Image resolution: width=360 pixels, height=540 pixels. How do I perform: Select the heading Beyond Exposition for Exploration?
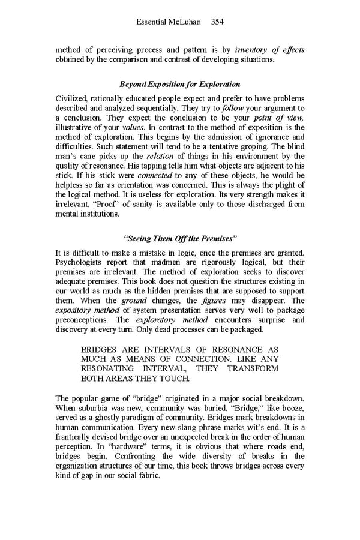coord(179,84)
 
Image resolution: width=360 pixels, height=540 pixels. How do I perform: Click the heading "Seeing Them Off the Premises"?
coord(179,238)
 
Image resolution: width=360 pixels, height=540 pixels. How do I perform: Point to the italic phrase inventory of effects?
coord(269,49)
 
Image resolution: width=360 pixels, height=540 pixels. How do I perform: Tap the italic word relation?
coord(158,156)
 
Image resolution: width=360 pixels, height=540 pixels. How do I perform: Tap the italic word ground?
coord(134,301)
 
